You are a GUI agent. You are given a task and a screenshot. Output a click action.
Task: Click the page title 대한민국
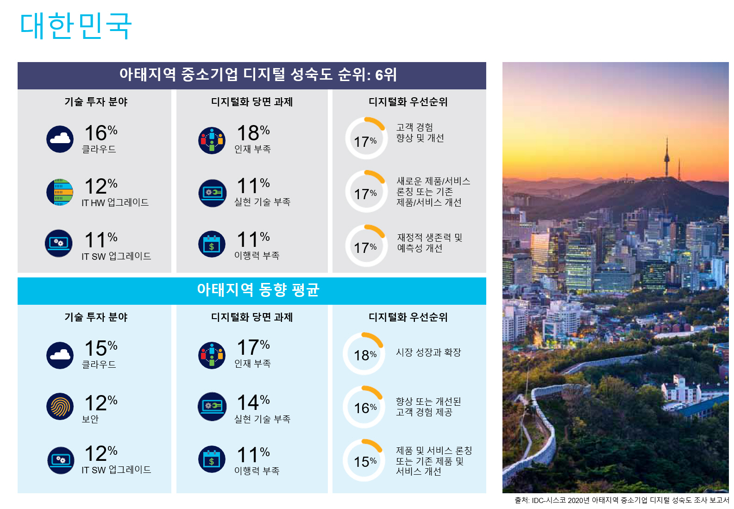tap(76, 26)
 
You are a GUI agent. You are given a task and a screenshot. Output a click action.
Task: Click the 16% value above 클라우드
tap(100, 133)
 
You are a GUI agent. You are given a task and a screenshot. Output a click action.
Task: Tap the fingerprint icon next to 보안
tap(60, 406)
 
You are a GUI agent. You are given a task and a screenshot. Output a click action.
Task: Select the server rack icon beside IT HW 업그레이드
tap(60, 192)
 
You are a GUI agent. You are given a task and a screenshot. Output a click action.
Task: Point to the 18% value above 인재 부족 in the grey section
tap(253, 133)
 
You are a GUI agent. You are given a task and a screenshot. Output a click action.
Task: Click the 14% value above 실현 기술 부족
tap(253, 402)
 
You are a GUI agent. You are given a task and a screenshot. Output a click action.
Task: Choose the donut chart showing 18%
tap(364, 354)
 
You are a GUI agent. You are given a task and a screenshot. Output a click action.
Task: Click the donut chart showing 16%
tap(364, 407)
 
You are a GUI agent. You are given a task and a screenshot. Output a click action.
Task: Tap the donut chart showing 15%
tap(364, 460)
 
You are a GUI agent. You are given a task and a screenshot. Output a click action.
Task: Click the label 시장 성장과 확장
tap(428, 352)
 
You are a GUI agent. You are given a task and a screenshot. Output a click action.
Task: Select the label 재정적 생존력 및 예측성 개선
tap(429, 243)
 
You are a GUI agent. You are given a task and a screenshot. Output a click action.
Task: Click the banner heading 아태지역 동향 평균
tap(258, 290)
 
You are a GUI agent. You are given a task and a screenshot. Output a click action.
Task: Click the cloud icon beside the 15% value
tap(60, 355)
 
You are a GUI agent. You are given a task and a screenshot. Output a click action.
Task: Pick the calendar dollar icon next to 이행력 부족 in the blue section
tap(212, 459)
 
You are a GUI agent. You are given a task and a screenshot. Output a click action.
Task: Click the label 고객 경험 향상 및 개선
tap(420, 132)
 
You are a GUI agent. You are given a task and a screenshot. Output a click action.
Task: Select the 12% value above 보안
tap(100, 403)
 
